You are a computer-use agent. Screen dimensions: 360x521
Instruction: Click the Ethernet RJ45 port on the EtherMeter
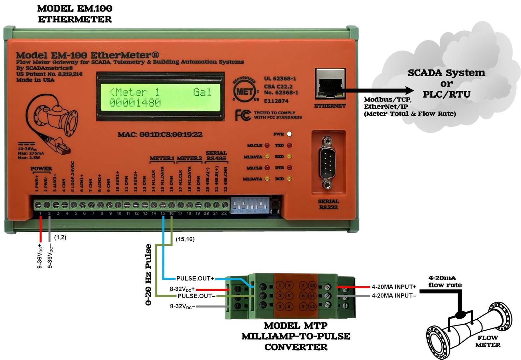pos(330,84)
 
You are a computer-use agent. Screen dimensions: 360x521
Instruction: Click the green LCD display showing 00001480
pos(160,97)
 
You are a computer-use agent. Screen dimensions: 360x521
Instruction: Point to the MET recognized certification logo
pos(245,91)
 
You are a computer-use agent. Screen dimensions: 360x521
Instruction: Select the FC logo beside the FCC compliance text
pos(243,115)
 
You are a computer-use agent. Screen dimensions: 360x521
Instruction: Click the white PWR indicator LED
pos(289,134)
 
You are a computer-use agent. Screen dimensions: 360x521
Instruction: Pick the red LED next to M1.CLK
pos(267,145)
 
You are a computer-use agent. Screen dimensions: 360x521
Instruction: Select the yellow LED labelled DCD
pos(289,179)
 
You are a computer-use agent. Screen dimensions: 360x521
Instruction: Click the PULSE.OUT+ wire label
pos(195,279)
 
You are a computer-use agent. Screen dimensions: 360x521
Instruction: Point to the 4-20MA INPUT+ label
pos(394,287)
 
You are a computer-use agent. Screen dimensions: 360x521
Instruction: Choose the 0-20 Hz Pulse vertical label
pos(148,274)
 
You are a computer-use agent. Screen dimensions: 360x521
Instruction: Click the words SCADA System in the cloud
pos(446,73)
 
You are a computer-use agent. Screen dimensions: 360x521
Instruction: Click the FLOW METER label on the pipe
pos(487,341)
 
